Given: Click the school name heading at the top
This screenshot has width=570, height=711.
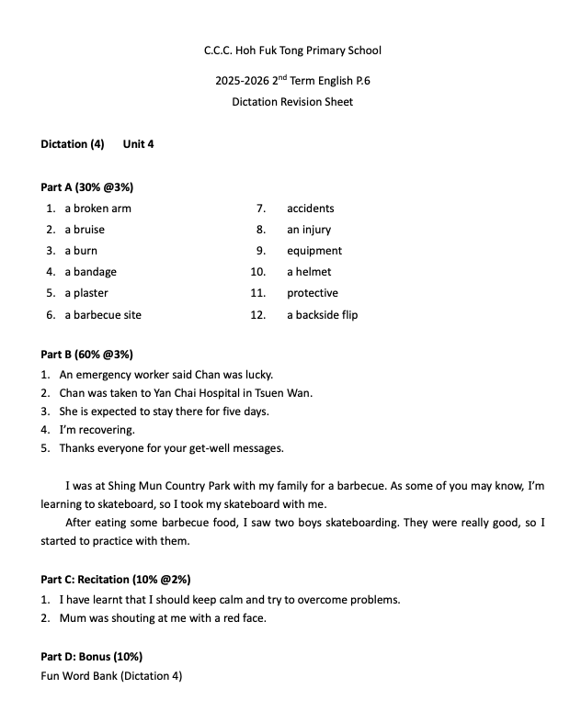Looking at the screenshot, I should tap(292, 51).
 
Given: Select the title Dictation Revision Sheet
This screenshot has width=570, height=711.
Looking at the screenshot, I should tap(292, 102).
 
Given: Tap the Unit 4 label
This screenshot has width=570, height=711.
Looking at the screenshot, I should tap(138, 144).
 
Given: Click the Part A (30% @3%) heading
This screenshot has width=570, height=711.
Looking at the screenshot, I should tap(87, 187).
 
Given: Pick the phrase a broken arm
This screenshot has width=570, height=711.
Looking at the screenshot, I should tap(97, 209).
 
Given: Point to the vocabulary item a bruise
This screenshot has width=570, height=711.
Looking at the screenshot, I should tap(85, 230).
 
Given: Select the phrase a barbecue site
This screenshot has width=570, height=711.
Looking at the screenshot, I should tap(103, 315).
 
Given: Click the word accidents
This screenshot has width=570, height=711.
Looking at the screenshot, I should tap(311, 209).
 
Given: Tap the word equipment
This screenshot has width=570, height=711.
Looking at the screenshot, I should tap(314, 251).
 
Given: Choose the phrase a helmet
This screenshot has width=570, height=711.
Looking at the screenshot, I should tap(309, 272).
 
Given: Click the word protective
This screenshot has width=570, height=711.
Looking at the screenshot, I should tap(313, 293).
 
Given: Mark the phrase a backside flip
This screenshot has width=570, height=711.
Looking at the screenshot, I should tap(322, 315).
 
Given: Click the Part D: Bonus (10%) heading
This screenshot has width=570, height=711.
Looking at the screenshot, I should tap(91, 657).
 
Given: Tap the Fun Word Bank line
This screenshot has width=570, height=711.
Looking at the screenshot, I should tap(111, 676).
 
